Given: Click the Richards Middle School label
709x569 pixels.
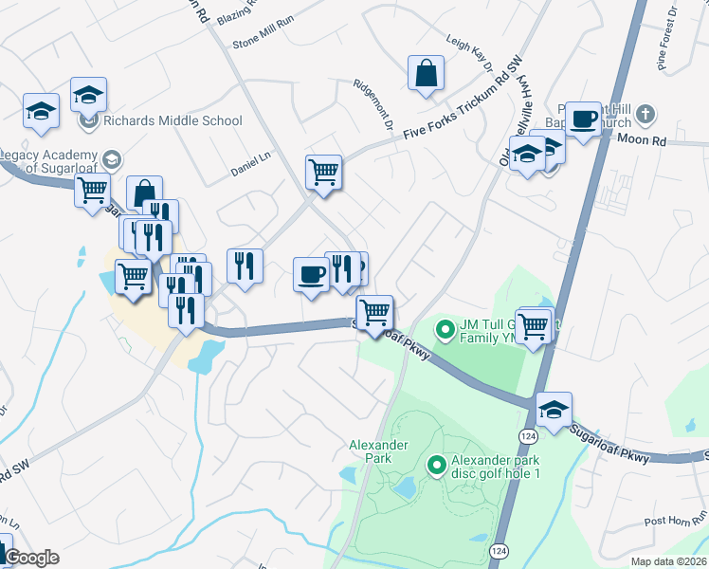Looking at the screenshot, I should click(x=173, y=120).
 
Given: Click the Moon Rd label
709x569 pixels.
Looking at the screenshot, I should click(x=642, y=139).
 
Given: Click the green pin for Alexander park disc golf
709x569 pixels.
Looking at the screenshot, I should click(x=437, y=465).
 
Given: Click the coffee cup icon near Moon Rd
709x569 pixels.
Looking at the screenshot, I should click(x=584, y=119).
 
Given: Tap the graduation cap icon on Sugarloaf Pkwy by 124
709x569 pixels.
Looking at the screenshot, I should click(x=554, y=409).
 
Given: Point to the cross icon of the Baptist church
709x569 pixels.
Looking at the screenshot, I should click(x=645, y=115).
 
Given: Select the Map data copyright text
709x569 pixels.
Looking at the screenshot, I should click(x=669, y=561).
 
